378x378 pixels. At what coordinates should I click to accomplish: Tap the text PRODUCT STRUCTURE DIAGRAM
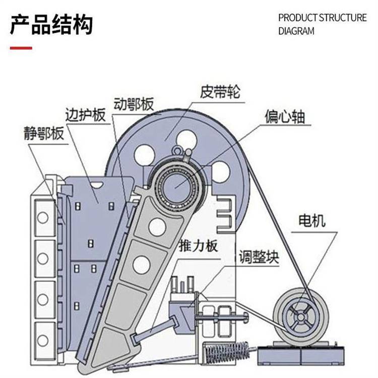(323, 24)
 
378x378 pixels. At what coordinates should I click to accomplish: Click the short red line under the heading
(21, 48)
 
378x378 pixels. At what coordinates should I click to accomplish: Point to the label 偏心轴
(285, 117)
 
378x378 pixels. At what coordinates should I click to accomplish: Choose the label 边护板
(85, 114)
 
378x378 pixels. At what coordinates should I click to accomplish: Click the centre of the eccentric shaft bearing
(175, 182)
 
